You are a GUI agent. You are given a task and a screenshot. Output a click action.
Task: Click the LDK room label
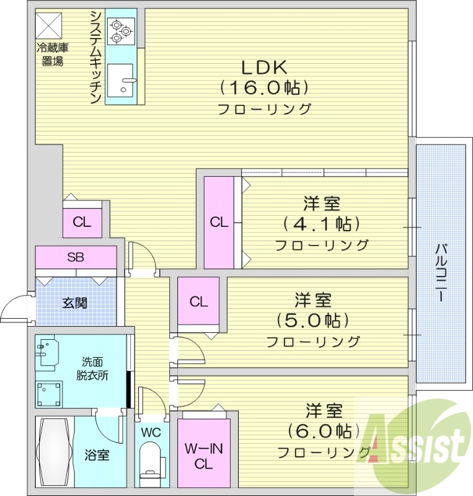pos(264,67)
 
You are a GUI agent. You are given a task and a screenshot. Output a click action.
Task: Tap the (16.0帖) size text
pos(264,87)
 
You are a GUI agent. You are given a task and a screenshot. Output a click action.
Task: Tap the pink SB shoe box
pos(76,257)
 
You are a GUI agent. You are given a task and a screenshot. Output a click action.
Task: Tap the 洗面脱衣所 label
pos(93,368)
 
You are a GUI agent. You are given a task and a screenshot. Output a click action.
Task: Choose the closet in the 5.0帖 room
pos(198,302)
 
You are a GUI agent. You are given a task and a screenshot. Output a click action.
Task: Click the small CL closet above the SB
pos(81,222)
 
